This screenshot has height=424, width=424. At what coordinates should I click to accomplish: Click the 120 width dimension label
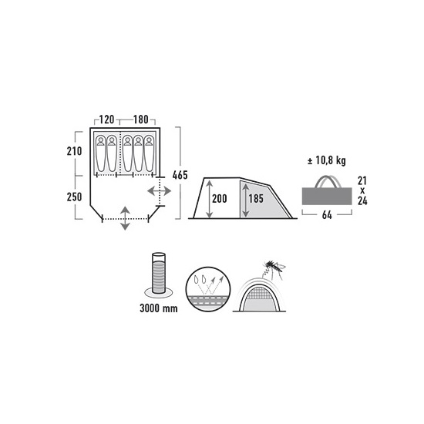(x=107, y=119)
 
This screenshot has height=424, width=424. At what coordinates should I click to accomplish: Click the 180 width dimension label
(x=140, y=119)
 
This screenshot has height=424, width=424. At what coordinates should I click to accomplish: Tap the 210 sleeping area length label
(x=74, y=151)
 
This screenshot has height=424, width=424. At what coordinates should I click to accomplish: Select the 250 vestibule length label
(x=74, y=197)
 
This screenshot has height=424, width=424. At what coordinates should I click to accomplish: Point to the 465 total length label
(x=180, y=175)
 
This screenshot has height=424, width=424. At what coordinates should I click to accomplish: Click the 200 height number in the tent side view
(x=219, y=199)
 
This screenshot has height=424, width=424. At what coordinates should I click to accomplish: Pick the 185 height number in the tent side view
(x=256, y=199)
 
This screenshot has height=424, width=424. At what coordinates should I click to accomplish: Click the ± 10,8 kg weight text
(x=327, y=161)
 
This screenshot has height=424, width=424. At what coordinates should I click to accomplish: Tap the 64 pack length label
(x=327, y=215)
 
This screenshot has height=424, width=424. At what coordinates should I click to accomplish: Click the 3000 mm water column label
(x=159, y=308)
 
